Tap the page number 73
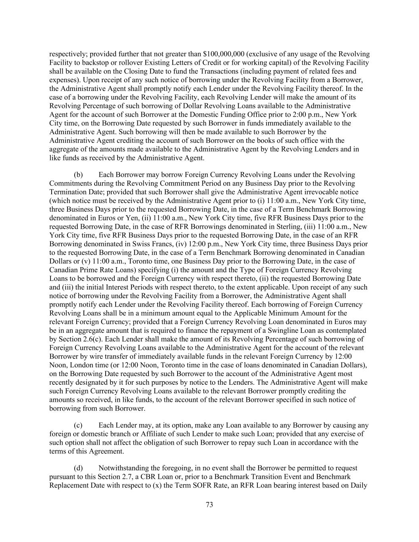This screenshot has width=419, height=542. point(210,505)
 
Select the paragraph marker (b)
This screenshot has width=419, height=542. point(79,175)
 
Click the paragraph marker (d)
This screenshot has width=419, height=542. point(79,468)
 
